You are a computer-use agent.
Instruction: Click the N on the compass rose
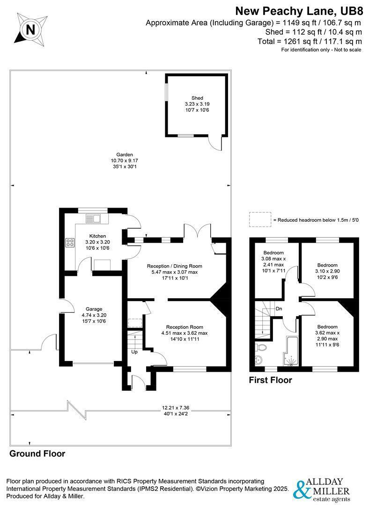pyautogui.click(x=30, y=30)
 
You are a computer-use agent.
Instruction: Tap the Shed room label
pyautogui.click(x=197, y=98)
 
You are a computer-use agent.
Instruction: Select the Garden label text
pyautogui.click(x=125, y=155)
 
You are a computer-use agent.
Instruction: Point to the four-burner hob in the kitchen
pyautogui.click(x=70, y=243)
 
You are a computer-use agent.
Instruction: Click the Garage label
pyautogui.click(x=94, y=309)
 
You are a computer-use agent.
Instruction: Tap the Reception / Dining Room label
pyautogui.click(x=175, y=266)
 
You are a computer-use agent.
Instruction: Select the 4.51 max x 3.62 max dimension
pyautogui.click(x=184, y=333)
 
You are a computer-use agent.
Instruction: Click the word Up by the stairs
pyautogui.click(x=134, y=352)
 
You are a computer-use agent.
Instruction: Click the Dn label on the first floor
pyautogui.click(x=279, y=309)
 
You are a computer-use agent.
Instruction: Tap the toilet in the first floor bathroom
pyautogui.click(x=261, y=347)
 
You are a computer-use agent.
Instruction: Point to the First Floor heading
pyautogui.click(x=270, y=380)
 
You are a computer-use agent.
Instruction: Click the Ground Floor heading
pyautogui.click(x=37, y=454)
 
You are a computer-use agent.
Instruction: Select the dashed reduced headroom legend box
pyautogui.click(x=260, y=219)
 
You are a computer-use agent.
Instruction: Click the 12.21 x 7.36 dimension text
pyautogui.click(x=176, y=408)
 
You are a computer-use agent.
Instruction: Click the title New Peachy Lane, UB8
pyautogui.click(x=299, y=11)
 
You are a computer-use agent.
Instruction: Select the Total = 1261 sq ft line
pyautogui.click(x=310, y=41)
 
